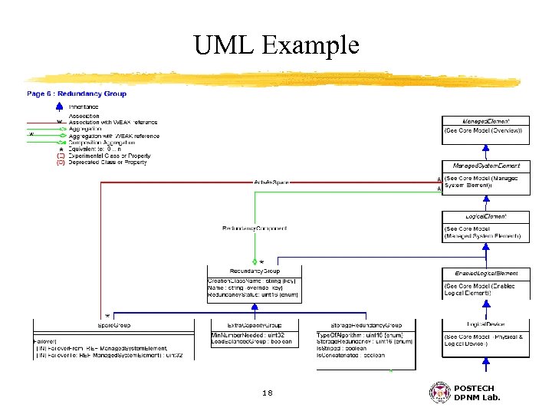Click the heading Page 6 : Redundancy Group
pyautogui.click(x=77, y=94)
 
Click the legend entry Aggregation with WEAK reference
pyautogui.click(x=114, y=136)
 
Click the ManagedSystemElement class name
pyautogui.click(x=485, y=166)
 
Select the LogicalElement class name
pyautogui.click(x=485, y=216)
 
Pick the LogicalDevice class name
pyautogui.click(x=485, y=325)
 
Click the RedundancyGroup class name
pyautogui.click(x=255, y=271)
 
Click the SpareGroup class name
pyautogui.click(x=113, y=325)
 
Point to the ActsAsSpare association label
pyautogui.click(x=271, y=182)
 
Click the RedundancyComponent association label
pyautogui.click(x=255, y=228)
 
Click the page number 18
pyautogui.click(x=267, y=393)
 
